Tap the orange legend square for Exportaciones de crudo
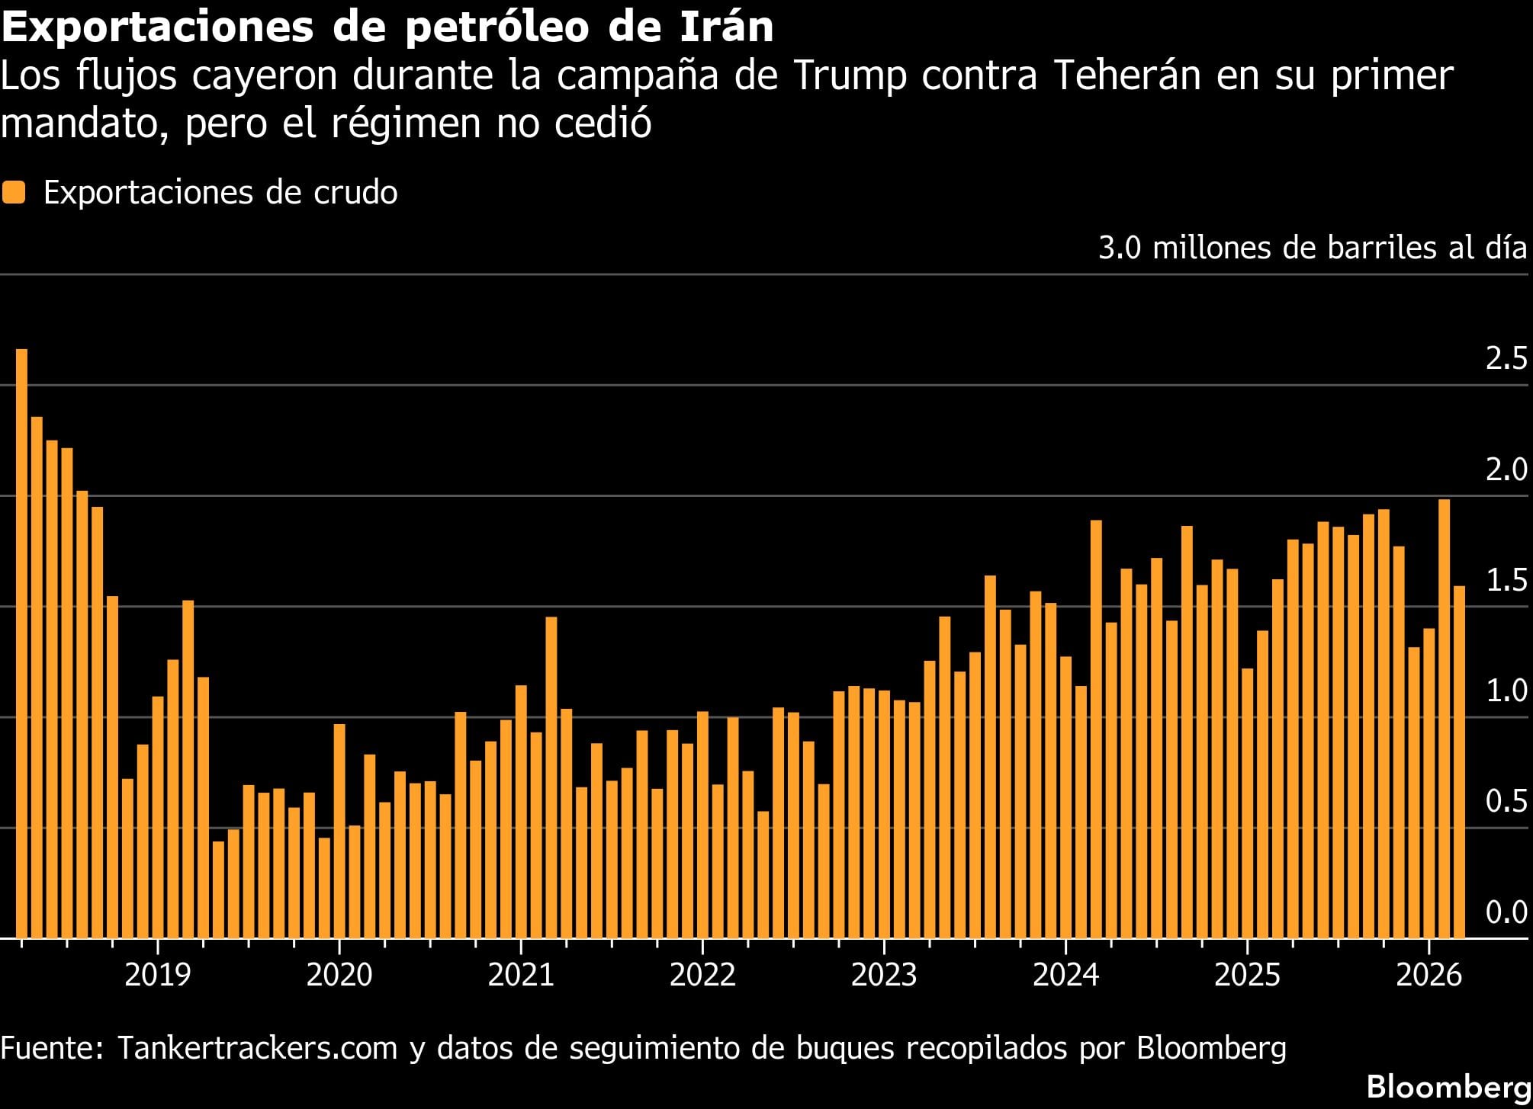[x=14, y=192]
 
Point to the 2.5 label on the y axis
[x=1506, y=358]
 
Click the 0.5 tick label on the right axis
[x=1506, y=801]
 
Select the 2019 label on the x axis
[x=157, y=975]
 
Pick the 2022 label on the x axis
[x=702, y=975]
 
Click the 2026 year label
[x=1429, y=975]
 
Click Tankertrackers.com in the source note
[x=257, y=1048]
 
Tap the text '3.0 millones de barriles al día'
[x=1312, y=248]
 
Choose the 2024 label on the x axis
[x=1065, y=975]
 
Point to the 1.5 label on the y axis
[x=1506, y=580]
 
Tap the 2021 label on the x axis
[x=521, y=975]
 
